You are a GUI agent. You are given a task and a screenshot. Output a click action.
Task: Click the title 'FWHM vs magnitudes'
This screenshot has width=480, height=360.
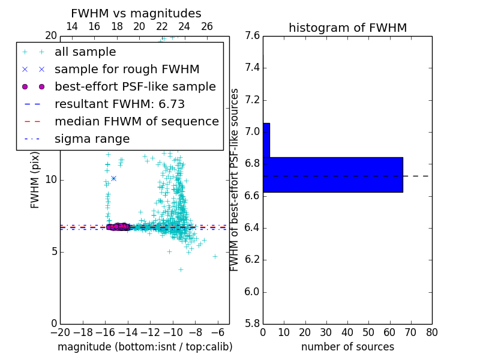(136, 14)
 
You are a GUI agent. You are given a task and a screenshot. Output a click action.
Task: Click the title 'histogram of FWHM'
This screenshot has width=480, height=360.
(347, 28)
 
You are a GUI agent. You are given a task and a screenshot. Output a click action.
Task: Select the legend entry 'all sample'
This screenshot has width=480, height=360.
(85, 52)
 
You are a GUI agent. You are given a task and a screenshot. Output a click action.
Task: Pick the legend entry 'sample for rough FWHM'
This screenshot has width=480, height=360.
(127, 70)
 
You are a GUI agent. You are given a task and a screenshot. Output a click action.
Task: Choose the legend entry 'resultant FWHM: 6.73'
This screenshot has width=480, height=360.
(119, 104)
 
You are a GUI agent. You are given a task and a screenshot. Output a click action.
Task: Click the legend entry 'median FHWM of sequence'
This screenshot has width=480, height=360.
(136, 122)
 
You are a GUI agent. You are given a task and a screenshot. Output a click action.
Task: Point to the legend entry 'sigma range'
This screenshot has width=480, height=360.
(92, 139)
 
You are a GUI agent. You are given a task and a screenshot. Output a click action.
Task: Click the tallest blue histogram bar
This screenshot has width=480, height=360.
(332, 175)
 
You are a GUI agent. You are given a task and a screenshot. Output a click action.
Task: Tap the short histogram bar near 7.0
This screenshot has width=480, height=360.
(266, 140)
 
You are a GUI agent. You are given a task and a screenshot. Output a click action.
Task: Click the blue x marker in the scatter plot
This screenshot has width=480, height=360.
(113, 178)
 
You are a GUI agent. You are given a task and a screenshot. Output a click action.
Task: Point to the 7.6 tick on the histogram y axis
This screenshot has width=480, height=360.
(252, 36)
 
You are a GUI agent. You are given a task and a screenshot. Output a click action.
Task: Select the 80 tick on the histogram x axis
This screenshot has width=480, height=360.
(431, 332)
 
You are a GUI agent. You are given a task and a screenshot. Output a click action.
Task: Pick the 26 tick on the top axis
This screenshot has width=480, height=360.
(207, 26)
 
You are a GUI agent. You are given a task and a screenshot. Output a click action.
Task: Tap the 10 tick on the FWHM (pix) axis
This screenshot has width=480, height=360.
(51, 180)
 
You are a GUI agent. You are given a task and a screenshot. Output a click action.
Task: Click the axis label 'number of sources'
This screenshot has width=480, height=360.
(347, 347)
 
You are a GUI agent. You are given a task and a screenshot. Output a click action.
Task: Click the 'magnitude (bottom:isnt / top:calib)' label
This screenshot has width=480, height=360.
(145, 347)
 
